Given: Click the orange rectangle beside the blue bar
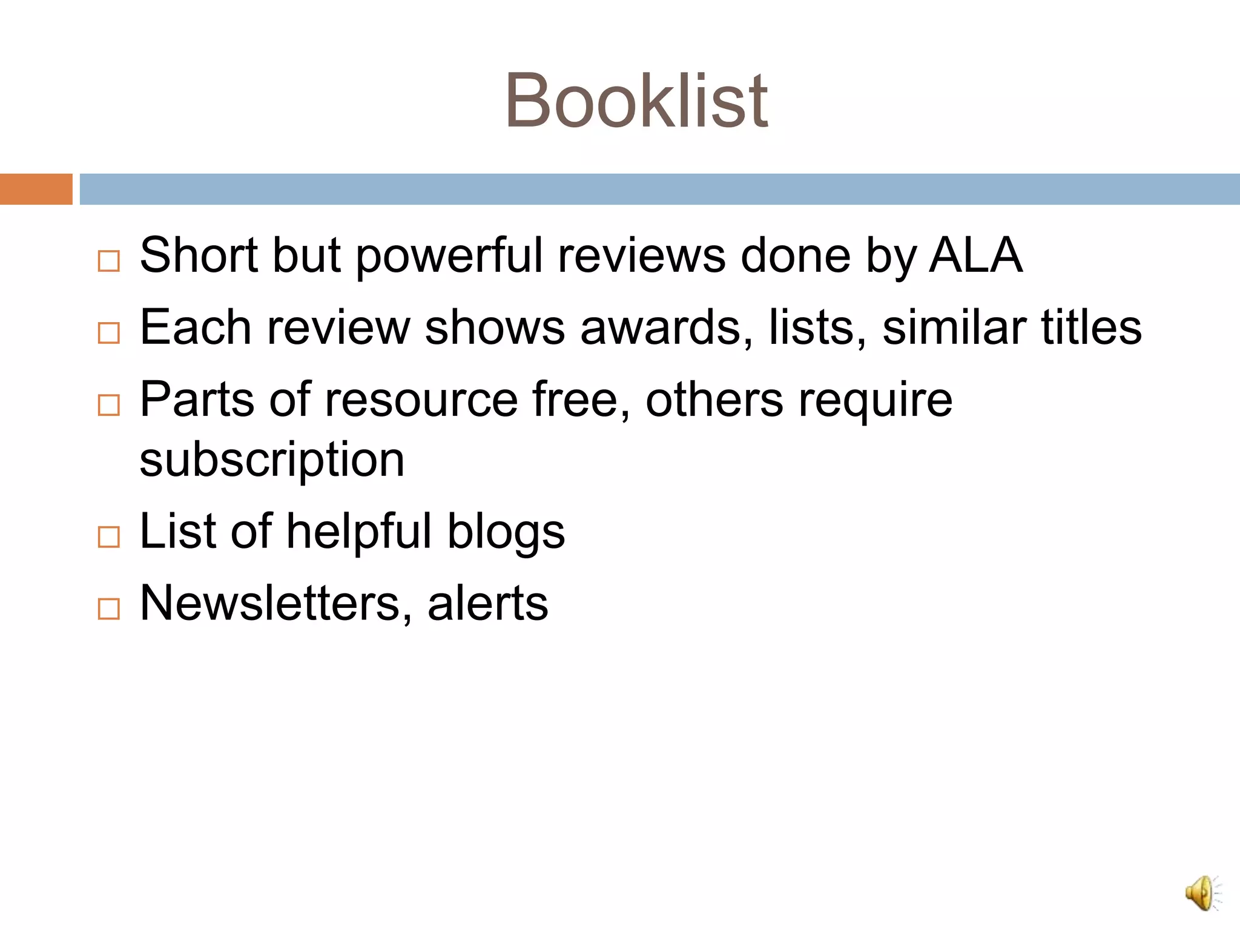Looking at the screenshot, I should coord(36,189).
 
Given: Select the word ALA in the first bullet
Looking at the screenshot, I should coord(975,255).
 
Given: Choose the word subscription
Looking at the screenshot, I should coord(272,460).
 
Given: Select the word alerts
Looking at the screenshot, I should coord(488,603).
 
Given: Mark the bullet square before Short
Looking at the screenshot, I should coord(109,261).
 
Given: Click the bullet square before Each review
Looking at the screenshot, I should coord(109,332).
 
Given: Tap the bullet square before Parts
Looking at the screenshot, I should coord(109,404).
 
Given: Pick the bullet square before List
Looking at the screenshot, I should coord(109,536).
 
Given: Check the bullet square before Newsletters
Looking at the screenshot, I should coord(109,608).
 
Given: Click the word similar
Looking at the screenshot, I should coord(954,328).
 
